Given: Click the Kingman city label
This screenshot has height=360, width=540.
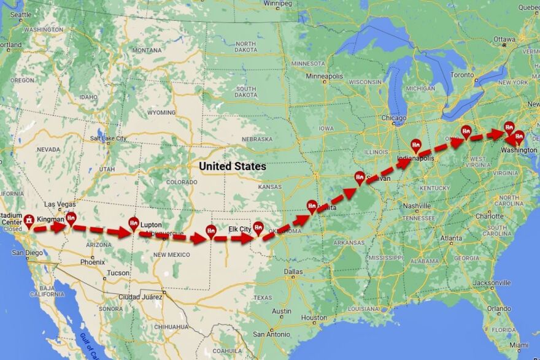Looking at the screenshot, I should pos(50,220).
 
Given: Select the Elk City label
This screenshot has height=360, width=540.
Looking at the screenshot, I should pos(240,229).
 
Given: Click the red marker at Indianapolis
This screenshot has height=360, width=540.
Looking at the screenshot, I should pos(416,145).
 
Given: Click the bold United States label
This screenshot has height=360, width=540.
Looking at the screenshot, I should pos(233,166).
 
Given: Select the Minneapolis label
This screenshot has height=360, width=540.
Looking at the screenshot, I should pos(325,76).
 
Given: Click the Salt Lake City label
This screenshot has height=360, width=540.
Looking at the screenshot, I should pos(108,139).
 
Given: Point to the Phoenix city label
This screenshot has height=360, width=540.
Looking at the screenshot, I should pos(92,261).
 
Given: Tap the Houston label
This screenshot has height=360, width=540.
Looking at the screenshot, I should pos(315,318).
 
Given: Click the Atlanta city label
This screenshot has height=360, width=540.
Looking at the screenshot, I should pos(452,238).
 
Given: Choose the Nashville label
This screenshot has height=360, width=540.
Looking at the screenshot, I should pos(417,206).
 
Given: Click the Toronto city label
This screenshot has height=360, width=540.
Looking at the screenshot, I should pos(462,75).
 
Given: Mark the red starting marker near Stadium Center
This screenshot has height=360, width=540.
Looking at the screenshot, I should pos(29,219).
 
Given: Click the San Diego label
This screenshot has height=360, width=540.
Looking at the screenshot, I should pos(26,253).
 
